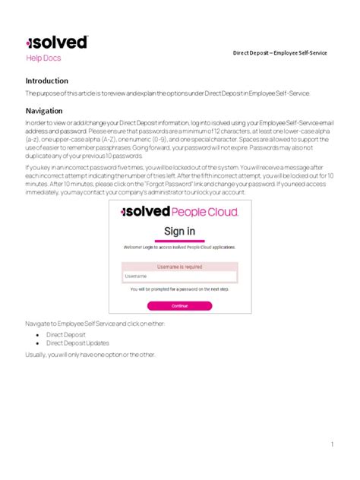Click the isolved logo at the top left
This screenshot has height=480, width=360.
(56, 43)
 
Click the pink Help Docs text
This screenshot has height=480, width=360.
(43, 58)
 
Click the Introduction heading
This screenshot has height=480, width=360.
(47, 81)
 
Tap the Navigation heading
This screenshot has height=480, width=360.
(44, 110)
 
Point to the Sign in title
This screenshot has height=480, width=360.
(180, 231)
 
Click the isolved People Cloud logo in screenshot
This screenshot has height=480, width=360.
(180, 212)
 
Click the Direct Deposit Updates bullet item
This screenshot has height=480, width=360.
(76, 343)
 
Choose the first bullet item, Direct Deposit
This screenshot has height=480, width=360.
(65, 334)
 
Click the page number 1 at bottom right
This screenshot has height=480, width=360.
(332, 444)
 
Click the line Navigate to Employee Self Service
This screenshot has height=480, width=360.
(93, 323)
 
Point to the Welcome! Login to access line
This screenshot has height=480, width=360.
(179, 248)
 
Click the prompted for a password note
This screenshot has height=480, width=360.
(179, 289)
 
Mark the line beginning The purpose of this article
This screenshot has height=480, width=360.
(168, 93)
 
